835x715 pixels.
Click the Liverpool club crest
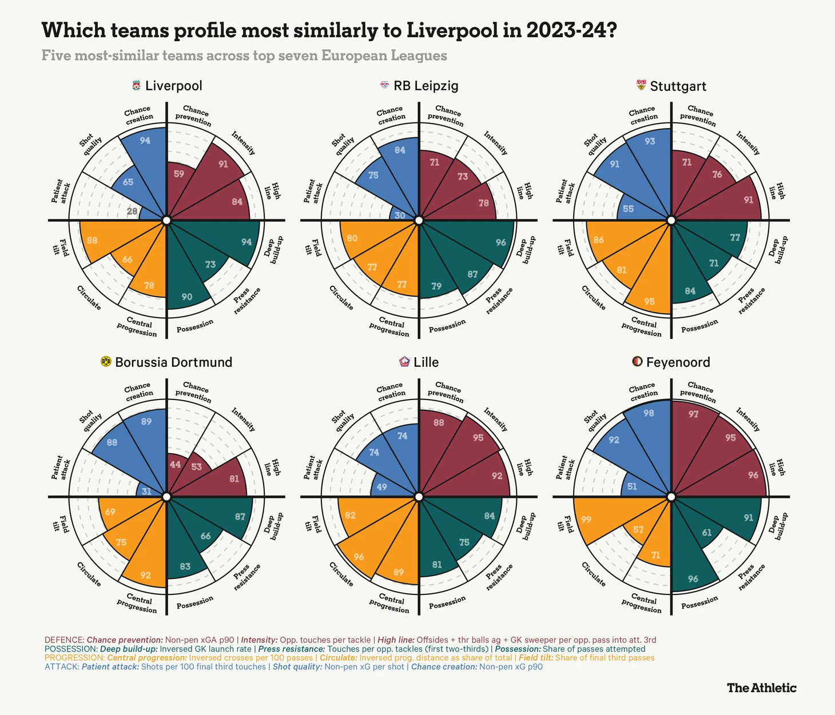click(136, 86)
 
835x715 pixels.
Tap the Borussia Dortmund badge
click(106, 362)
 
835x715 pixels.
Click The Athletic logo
click(761, 688)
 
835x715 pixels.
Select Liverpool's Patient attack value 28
click(132, 211)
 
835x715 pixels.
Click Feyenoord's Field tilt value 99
click(586, 520)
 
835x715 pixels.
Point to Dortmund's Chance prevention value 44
click(175, 465)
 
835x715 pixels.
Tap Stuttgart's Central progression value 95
click(649, 301)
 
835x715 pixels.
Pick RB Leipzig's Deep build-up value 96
click(501, 242)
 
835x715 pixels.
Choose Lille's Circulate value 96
click(359, 557)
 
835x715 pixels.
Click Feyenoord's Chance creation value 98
click(649, 413)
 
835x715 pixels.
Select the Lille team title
click(426, 362)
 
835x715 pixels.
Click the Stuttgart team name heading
click(678, 86)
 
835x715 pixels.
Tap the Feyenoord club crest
click(637, 362)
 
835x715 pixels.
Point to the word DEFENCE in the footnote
click(64, 640)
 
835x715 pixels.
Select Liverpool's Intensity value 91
click(223, 164)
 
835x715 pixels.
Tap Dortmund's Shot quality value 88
click(112, 442)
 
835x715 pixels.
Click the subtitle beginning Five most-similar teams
click(244, 55)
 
